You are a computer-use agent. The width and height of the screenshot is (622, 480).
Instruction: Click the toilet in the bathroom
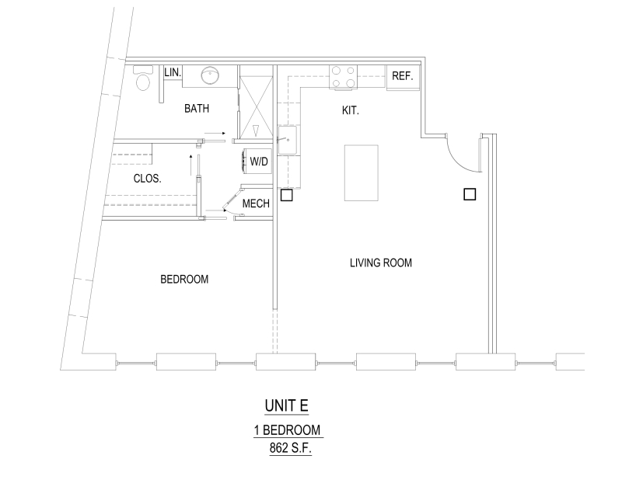[x=142, y=78]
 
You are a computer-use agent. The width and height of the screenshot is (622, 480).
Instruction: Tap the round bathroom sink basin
[x=210, y=75]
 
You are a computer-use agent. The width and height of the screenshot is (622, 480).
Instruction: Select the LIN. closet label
[x=173, y=72]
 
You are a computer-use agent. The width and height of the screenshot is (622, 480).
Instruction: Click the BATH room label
[x=197, y=108]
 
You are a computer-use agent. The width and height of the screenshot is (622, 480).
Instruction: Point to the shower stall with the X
[x=257, y=107]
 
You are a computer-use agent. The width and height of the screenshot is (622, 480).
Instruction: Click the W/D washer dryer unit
[x=257, y=161]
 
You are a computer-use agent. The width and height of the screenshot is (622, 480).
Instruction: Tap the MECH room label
[x=256, y=203]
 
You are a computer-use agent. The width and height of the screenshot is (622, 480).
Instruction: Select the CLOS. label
[x=147, y=179]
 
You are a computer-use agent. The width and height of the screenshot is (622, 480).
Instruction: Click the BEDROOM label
[x=184, y=280]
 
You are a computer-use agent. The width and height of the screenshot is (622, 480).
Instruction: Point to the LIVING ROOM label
[x=381, y=263]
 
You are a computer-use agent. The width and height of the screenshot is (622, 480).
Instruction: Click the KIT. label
[x=351, y=110]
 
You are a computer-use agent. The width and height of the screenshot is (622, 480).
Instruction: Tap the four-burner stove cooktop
[x=344, y=77]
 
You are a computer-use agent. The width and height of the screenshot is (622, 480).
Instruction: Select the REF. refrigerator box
[x=403, y=76]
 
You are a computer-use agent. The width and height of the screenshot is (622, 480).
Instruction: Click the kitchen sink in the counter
[x=287, y=140]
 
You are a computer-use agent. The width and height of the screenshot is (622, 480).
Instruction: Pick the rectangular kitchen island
[x=361, y=173]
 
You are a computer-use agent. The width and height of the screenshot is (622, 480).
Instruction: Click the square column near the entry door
[x=470, y=194]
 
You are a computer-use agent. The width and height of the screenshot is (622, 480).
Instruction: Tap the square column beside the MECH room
[x=286, y=195]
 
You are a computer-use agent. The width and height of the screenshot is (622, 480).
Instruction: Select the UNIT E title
[x=286, y=406]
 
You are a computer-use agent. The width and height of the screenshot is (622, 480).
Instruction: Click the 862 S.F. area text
[x=290, y=448]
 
